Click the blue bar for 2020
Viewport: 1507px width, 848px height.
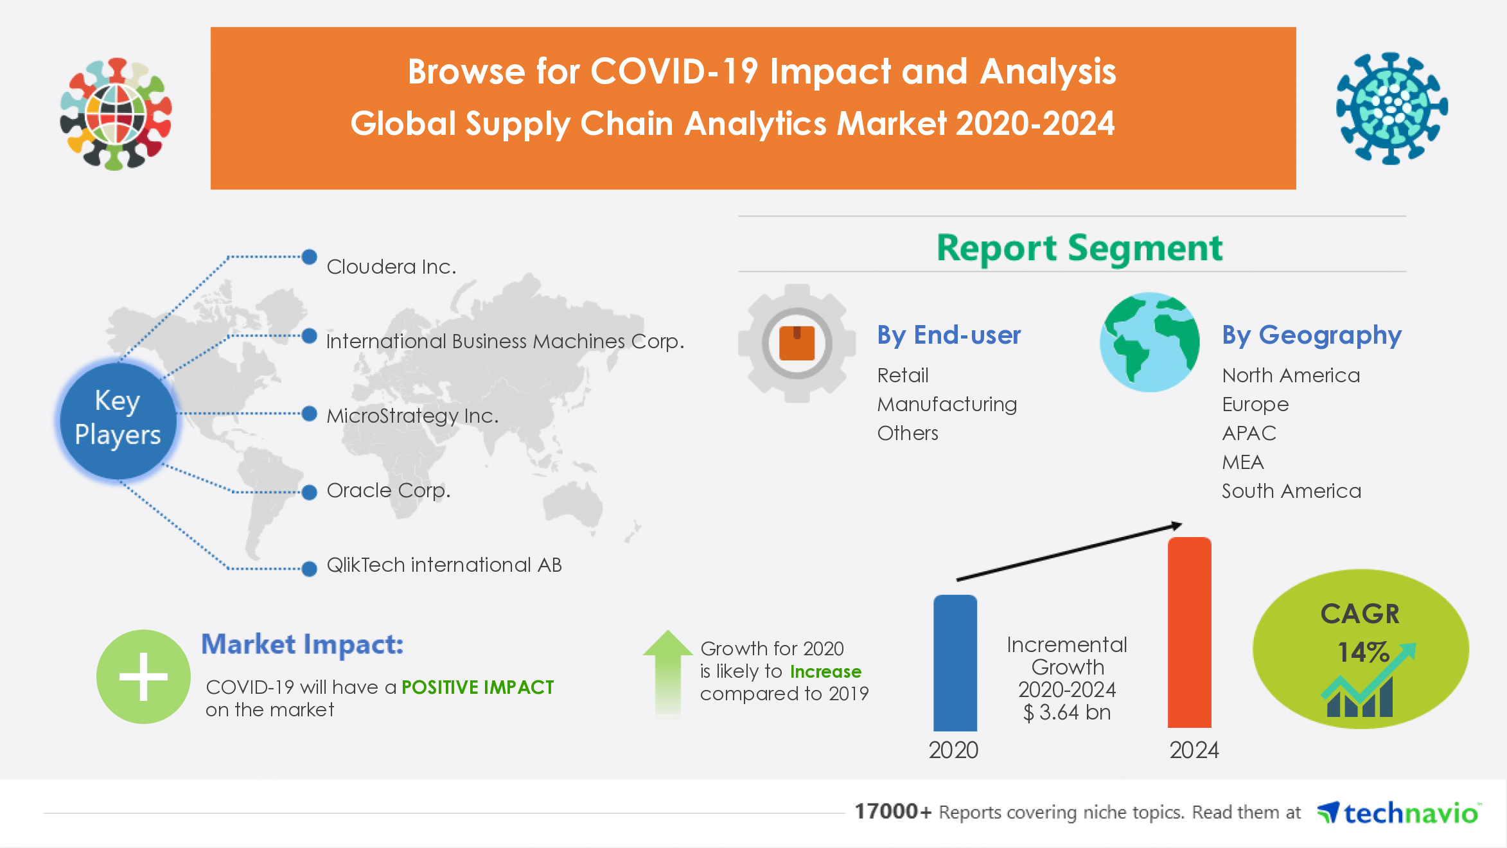[x=955, y=663]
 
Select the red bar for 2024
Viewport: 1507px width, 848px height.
[x=1189, y=633]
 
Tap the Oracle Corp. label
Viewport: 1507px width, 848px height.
[x=388, y=491]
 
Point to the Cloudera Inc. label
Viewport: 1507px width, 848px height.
[x=391, y=267]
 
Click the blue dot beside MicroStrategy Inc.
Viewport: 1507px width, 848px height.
[x=309, y=414]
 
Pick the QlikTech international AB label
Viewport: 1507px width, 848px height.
[x=444, y=565]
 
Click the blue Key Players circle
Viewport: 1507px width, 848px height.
[x=118, y=419]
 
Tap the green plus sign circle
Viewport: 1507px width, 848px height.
[x=143, y=676]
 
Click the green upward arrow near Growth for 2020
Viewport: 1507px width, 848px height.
[x=668, y=671]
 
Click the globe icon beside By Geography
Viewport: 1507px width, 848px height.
[x=1149, y=342]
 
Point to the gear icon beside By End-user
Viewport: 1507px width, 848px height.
[x=797, y=343]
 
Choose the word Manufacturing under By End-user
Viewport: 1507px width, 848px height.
[x=947, y=405]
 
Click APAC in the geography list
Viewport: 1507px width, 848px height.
[x=1249, y=434]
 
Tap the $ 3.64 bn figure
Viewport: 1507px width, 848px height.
[x=1066, y=712]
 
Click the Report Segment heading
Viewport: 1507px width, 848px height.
[x=1079, y=248]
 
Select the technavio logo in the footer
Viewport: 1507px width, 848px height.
[x=1399, y=813]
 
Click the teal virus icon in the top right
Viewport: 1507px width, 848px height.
[x=1391, y=108]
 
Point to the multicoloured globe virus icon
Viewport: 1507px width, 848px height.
[x=116, y=114]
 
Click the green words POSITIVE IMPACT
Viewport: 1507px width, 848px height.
[x=477, y=687]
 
